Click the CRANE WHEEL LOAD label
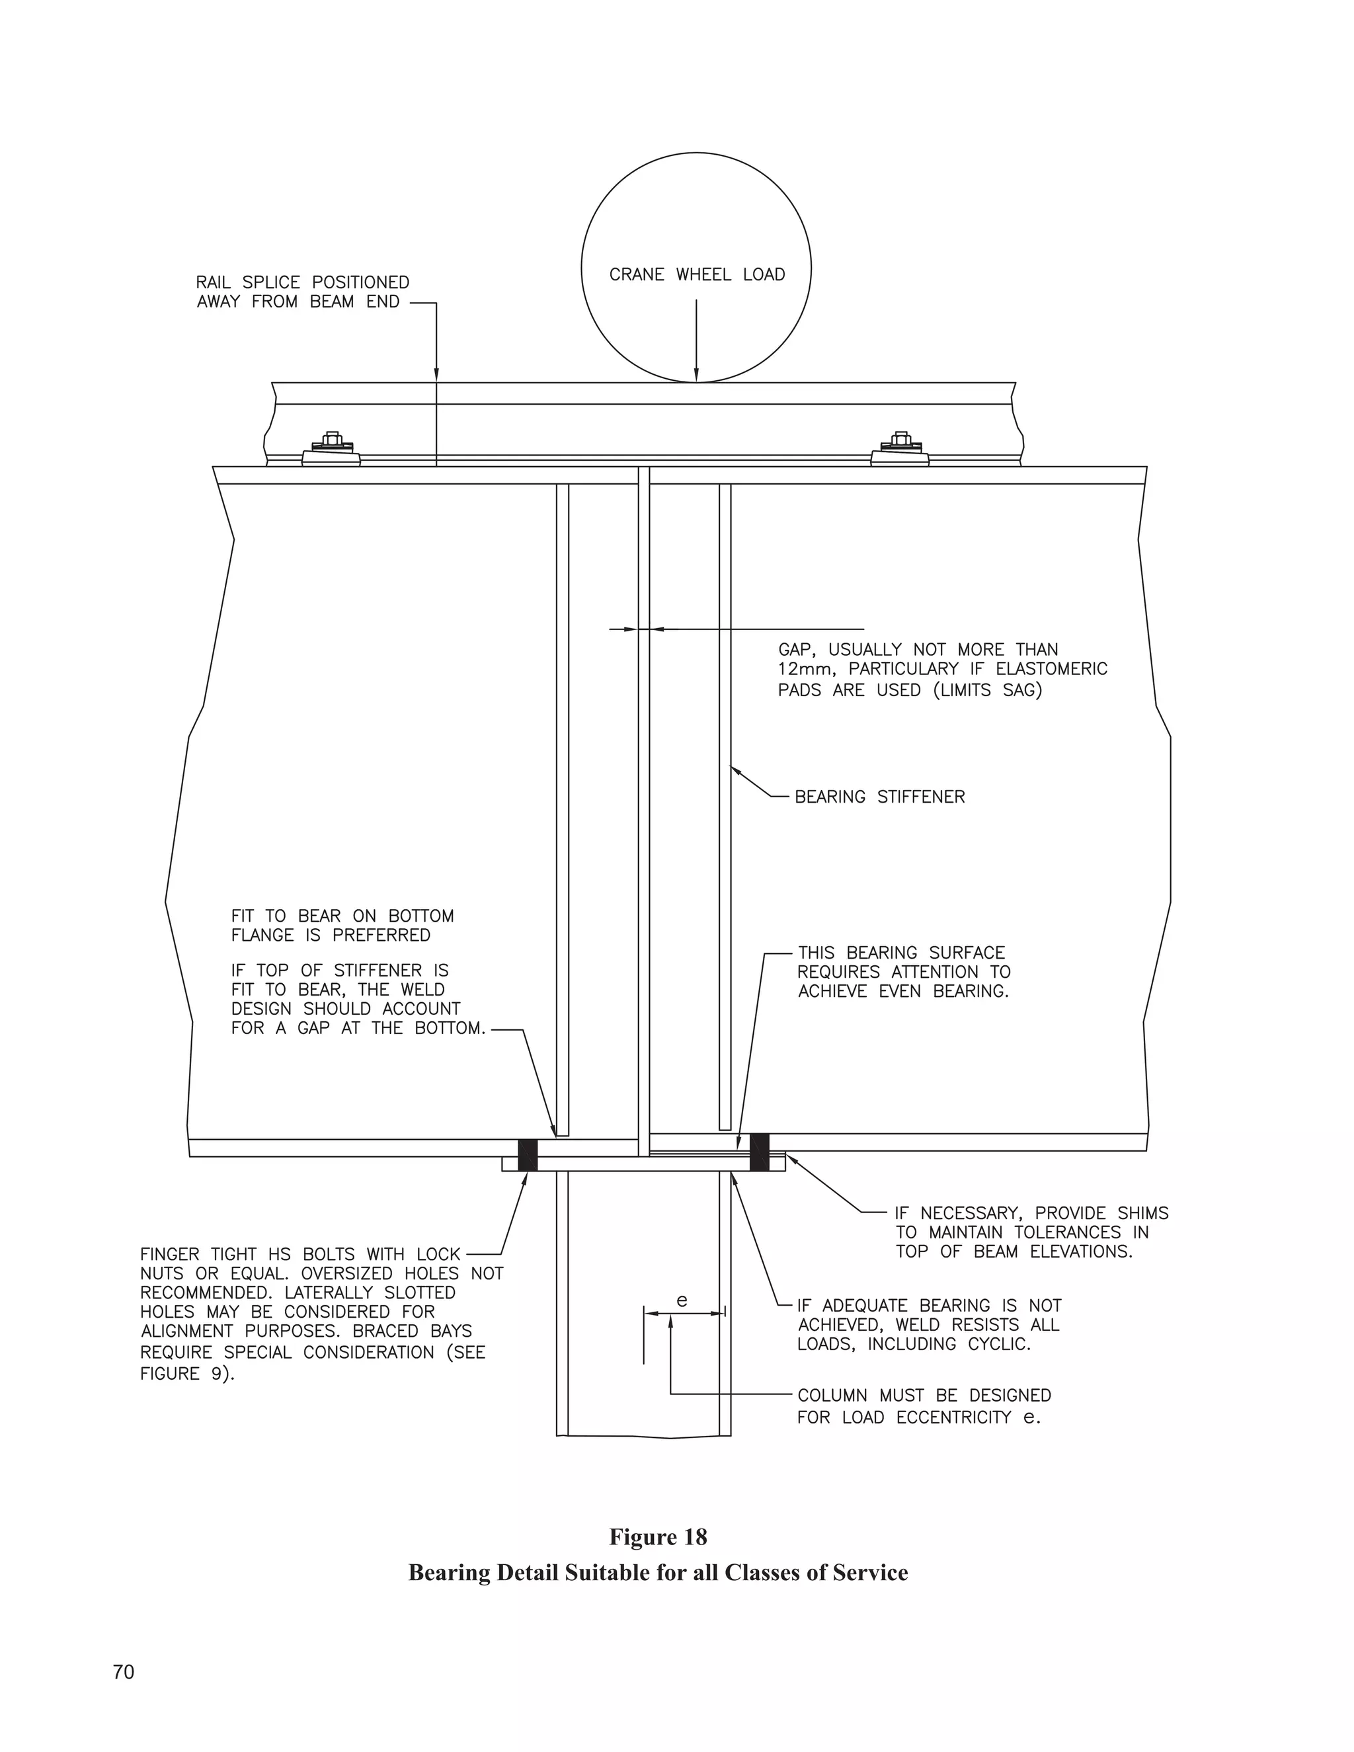(x=696, y=274)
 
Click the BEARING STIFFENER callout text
(x=879, y=797)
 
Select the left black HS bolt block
(x=527, y=1154)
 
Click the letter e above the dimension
(x=682, y=1300)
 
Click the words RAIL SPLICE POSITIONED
(x=302, y=282)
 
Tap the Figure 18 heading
(x=658, y=1536)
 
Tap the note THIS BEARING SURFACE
(x=901, y=953)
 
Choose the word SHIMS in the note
(x=1142, y=1213)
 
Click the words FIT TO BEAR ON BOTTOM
(x=342, y=916)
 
